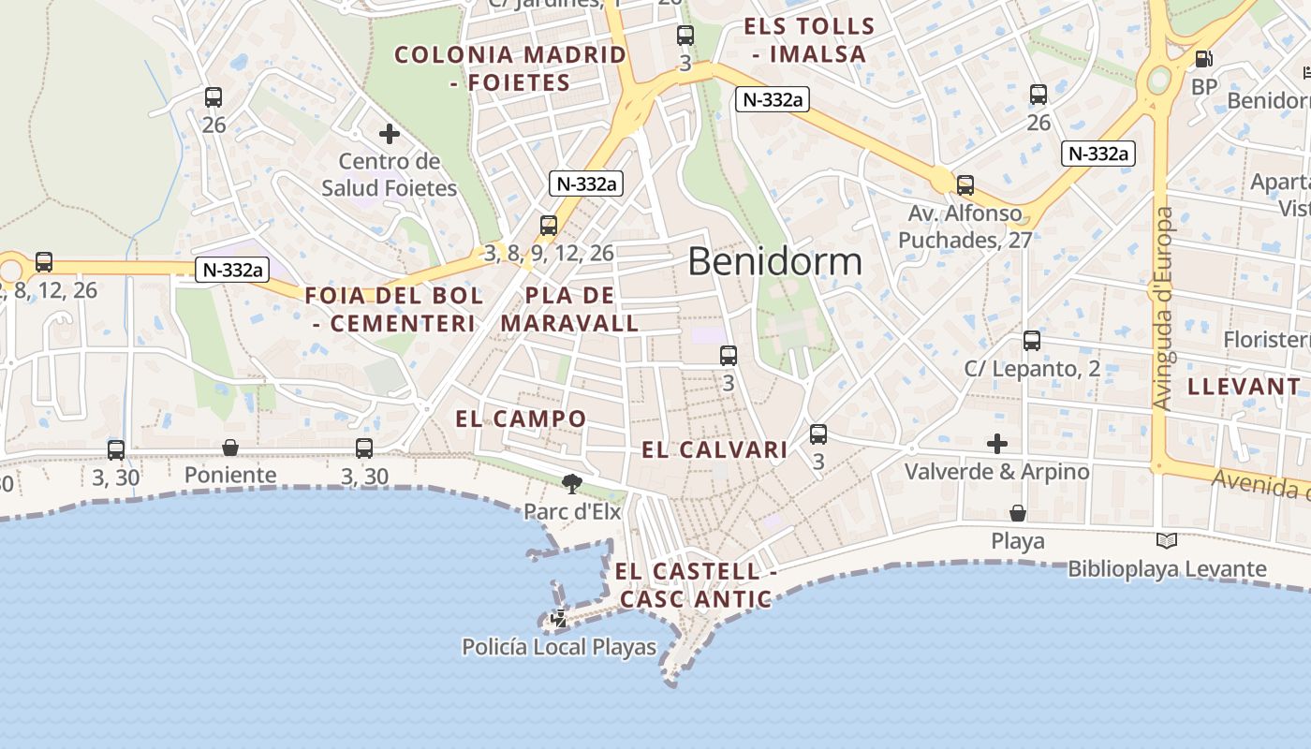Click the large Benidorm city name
coord(774,261)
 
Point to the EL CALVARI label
coord(714,450)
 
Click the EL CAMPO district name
coord(521,419)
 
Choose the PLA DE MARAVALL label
coord(569,310)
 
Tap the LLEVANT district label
coord(1245,387)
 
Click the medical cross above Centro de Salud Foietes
coord(390,134)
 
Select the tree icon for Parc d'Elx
coord(571,483)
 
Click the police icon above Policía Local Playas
coord(559,618)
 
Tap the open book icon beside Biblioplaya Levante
coord(1167,540)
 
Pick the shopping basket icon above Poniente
coord(230,448)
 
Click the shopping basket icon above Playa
coord(1017,513)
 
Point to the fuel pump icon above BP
coord(1203,59)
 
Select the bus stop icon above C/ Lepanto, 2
coord(1032,341)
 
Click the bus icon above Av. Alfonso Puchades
coord(965,185)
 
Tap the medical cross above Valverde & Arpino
coord(997,443)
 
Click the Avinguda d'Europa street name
coord(1163,309)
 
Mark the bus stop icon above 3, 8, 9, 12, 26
coord(549,226)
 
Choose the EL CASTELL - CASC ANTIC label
coord(694,585)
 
